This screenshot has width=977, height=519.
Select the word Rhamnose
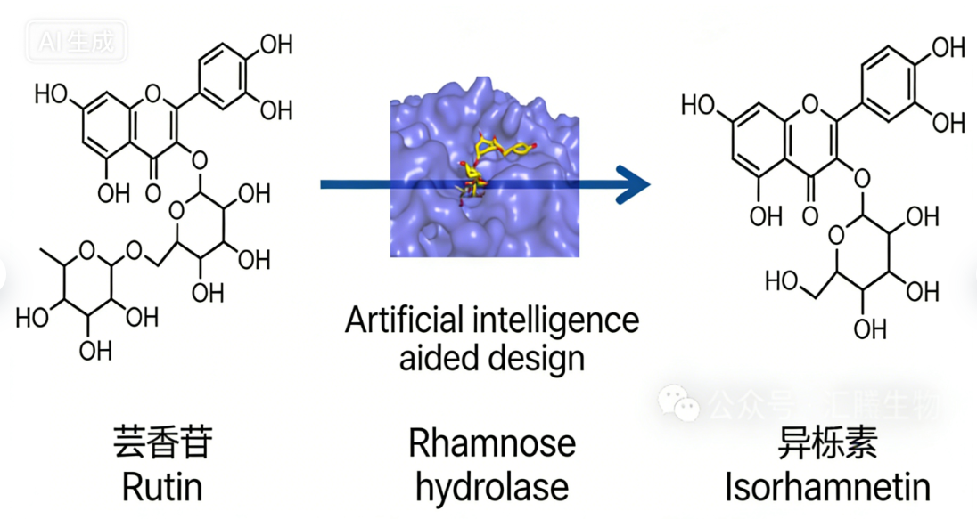pos(492,442)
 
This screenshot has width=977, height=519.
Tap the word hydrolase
pos(492,487)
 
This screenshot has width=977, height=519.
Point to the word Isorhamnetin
pos(827,487)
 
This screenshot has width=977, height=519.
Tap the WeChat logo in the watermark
pos(680,406)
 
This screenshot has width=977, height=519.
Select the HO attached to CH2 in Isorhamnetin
pos(782,281)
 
